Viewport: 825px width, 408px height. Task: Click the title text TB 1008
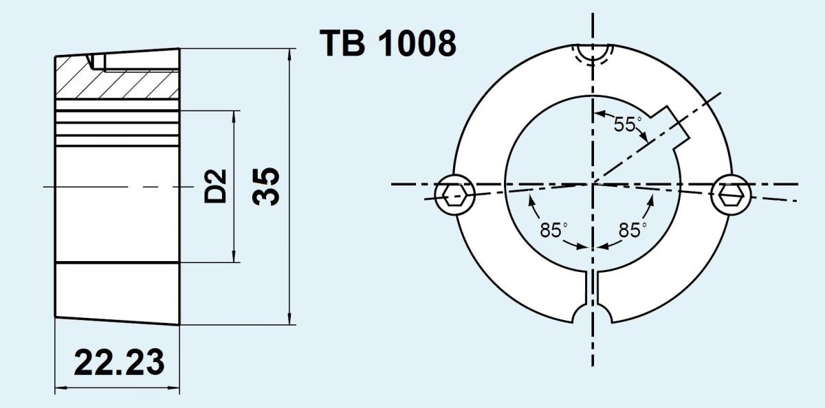388,43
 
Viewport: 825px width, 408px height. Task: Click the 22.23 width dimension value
120,363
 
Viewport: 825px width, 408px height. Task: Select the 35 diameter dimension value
266,185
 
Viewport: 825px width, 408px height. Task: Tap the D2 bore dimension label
216,185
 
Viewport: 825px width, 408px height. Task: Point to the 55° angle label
627,124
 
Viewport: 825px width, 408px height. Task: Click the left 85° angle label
552,231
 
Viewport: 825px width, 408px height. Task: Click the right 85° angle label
630,231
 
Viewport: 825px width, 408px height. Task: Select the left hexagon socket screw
454,194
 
